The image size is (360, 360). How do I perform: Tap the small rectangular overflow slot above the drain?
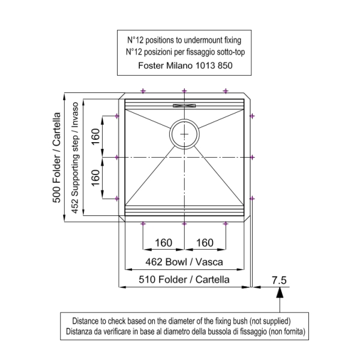(184, 106)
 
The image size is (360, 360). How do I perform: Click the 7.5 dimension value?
(279, 280)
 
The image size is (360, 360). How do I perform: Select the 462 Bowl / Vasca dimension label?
(184, 262)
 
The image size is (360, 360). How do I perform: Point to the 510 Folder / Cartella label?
(184, 280)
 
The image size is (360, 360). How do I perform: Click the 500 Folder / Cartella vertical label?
(57, 157)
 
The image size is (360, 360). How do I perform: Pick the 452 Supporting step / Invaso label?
(75, 158)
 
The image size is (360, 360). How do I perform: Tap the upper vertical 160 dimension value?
(95, 137)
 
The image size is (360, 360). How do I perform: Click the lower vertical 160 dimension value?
(95, 178)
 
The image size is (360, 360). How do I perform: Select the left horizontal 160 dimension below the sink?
(163, 243)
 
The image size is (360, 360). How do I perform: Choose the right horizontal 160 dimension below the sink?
(205, 243)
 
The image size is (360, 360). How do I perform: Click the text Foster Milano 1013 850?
(185, 65)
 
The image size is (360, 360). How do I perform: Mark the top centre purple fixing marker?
(184, 91)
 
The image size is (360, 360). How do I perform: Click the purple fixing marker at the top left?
(143, 91)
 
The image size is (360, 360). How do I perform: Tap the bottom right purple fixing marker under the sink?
(226, 224)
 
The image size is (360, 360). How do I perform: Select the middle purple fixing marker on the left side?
(117, 157)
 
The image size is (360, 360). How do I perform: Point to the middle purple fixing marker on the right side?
(252, 157)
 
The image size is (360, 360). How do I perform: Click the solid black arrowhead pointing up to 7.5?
(280, 293)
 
